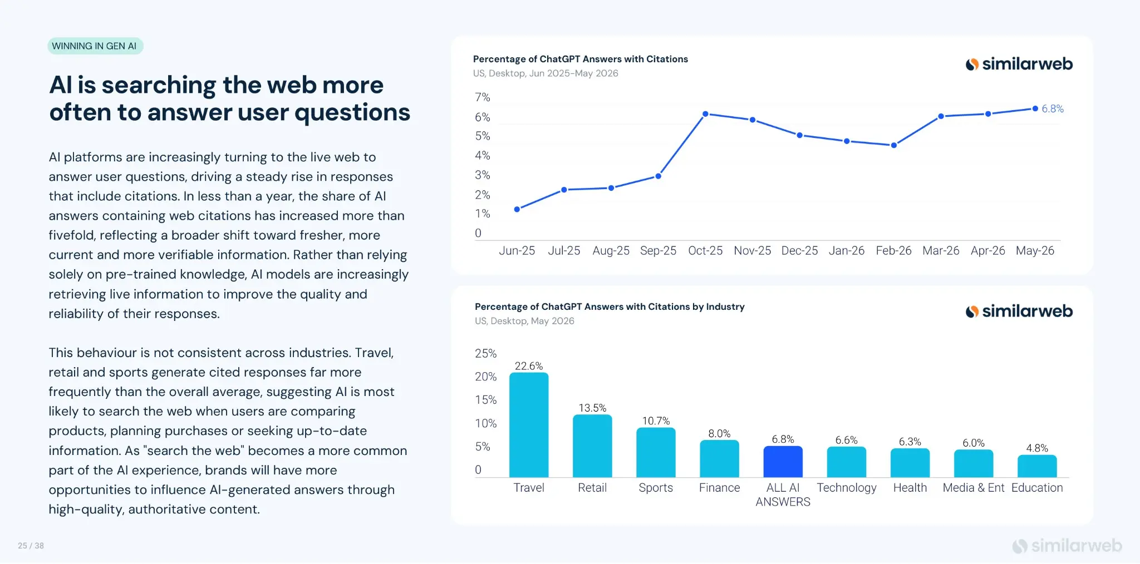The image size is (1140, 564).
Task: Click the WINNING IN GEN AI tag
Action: pos(95,46)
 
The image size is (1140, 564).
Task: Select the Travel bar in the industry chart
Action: pos(529,425)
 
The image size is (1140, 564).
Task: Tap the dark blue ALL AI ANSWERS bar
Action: pos(783,462)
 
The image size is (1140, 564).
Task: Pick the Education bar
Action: pos(1037,466)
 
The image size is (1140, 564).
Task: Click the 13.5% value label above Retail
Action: pos(592,408)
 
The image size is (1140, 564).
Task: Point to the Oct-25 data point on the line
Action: pos(705,114)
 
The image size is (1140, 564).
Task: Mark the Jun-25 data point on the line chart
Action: pos(517,209)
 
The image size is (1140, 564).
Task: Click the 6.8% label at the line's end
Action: pos(1053,108)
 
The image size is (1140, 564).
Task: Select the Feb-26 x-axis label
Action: pos(893,250)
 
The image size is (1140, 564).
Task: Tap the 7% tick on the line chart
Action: pos(482,97)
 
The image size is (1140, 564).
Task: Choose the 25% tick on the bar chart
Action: pos(485,353)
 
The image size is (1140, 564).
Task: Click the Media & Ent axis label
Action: pos(974,488)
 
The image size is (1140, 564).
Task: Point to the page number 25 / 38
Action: pos(31,546)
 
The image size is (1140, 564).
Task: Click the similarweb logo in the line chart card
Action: pos(1019,64)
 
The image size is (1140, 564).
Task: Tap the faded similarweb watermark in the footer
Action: pos(1067,546)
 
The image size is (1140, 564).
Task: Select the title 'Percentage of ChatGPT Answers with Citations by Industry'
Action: pos(610,306)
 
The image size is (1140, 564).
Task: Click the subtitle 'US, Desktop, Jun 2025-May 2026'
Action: pos(546,73)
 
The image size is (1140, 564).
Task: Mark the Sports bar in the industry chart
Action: pos(656,452)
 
